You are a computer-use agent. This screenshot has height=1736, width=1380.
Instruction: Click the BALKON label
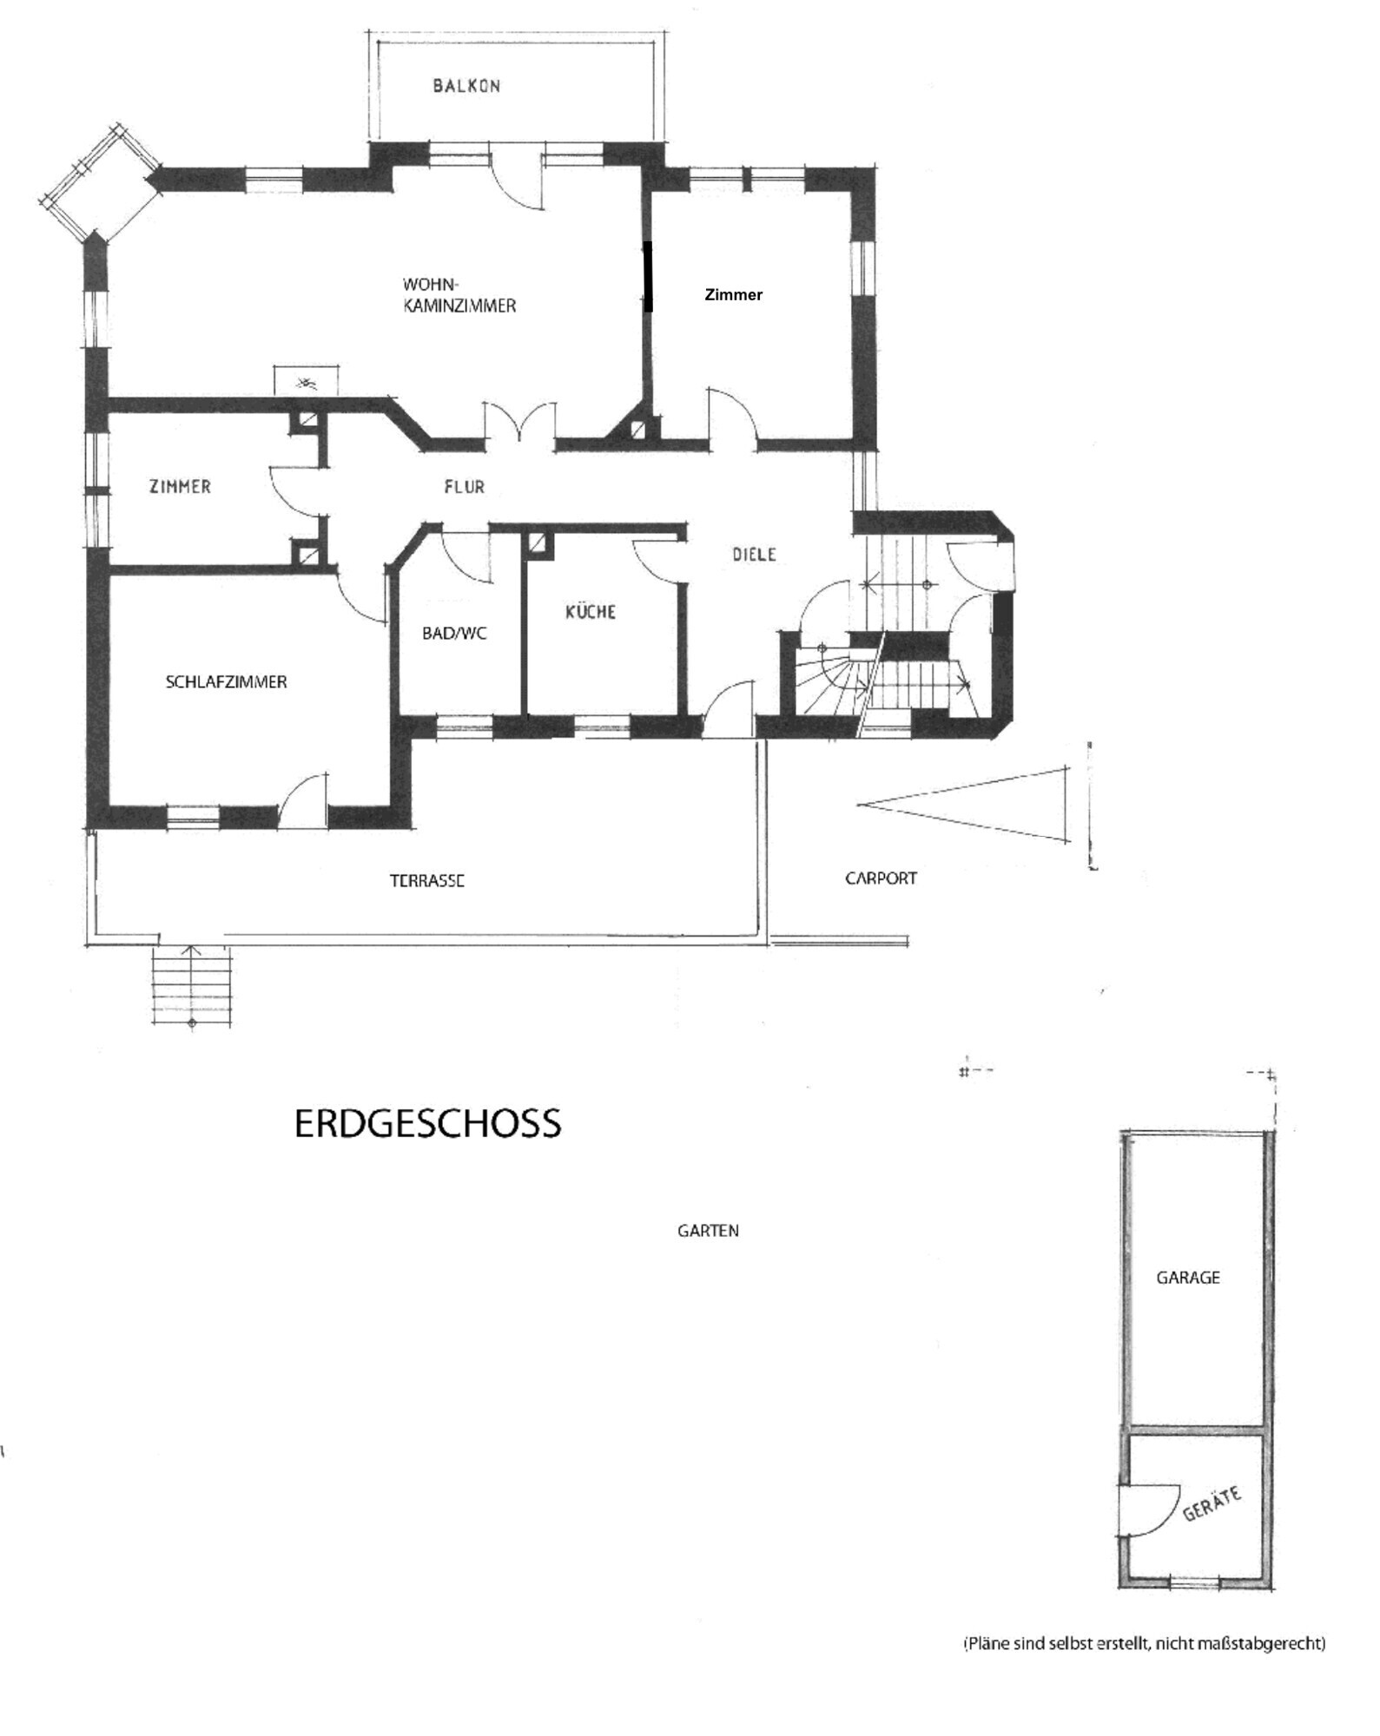tap(466, 85)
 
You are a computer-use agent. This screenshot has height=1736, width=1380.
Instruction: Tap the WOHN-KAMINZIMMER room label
tap(459, 295)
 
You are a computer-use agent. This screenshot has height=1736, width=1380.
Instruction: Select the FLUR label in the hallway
tap(464, 487)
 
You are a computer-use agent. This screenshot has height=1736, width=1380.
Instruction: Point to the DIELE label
tap(753, 554)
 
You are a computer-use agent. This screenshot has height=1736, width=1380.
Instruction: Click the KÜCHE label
tap(591, 612)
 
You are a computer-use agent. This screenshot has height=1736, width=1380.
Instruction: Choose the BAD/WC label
tap(453, 634)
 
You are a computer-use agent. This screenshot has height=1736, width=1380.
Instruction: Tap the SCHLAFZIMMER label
tap(226, 682)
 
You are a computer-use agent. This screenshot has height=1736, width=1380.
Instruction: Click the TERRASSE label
tap(426, 880)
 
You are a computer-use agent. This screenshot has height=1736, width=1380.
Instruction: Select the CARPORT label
tap(881, 878)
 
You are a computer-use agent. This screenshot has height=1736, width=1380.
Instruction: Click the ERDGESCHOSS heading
tap(427, 1123)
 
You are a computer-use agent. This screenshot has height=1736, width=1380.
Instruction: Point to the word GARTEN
tap(708, 1230)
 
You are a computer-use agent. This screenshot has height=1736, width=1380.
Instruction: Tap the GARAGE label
tap(1187, 1277)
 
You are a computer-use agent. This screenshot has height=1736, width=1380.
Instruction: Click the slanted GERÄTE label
tap(1212, 1503)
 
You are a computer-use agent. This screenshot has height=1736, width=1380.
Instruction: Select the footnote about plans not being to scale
tap(1144, 1643)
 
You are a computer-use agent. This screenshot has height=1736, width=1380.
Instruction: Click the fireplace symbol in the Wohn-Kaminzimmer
tap(305, 381)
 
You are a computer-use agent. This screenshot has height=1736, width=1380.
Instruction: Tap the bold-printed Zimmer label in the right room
tap(733, 295)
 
